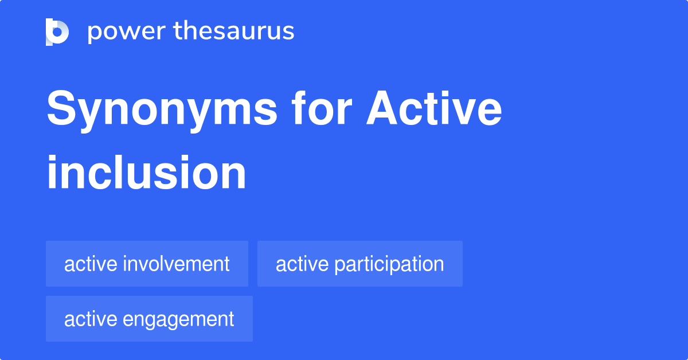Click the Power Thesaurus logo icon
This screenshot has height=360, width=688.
[x=57, y=32]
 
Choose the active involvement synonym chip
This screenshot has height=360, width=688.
[x=147, y=264]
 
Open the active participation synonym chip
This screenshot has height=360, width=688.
[x=359, y=264]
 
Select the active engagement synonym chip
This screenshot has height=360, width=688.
[x=149, y=319]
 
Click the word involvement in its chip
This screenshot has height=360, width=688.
[x=176, y=264]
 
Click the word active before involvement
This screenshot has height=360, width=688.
[x=91, y=264]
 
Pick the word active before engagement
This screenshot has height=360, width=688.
[x=91, y=319]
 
